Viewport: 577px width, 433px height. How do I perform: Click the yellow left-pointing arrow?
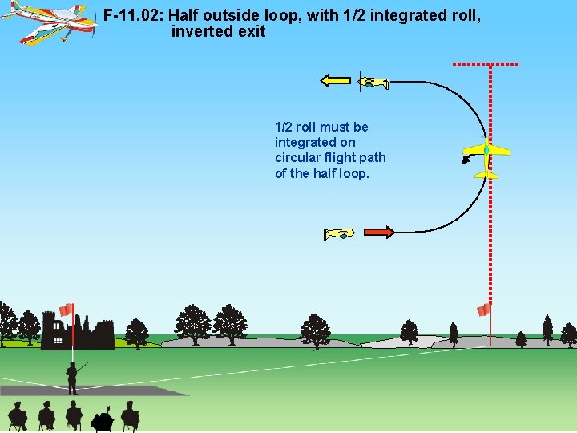(335, 79)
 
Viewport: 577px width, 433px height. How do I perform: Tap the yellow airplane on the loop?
(486, 155)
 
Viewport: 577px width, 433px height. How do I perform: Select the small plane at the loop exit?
(373, 82)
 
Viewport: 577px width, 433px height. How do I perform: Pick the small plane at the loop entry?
(339, 233)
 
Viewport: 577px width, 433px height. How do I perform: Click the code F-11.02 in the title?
(132, 16)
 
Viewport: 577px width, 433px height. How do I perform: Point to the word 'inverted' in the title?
(200, 33)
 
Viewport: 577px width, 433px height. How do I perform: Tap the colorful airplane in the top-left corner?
(50, 22)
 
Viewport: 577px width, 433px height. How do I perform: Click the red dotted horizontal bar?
(486, 63)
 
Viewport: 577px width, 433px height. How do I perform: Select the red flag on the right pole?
(483, 310)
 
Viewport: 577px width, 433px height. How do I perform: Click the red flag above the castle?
(66, 310)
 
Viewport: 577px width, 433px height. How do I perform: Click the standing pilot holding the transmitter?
(72, 377)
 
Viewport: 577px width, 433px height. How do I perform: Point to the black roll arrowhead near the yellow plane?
(466, 162)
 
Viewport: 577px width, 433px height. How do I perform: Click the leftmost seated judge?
(18, 415)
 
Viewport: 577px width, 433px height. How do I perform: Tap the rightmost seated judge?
(130, 415)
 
